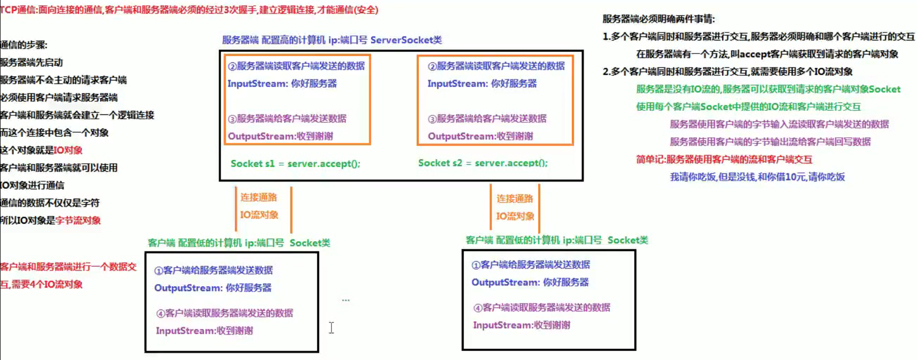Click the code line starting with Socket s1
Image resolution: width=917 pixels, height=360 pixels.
point(295,164)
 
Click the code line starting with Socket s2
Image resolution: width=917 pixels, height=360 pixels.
point(483,163)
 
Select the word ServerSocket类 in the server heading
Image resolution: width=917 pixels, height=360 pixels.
point(406,40)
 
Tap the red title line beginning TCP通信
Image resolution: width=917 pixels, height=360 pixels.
point(189,10)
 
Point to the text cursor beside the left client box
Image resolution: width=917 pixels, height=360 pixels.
point(331,328)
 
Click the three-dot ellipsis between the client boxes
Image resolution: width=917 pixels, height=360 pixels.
point(345,300)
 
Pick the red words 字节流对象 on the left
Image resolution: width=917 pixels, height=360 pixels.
point(78,221)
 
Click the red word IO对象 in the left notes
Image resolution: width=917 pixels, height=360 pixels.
point(68,150)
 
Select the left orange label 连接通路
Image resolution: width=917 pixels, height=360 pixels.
point(259,197)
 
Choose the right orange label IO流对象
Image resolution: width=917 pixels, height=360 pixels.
point(515,216)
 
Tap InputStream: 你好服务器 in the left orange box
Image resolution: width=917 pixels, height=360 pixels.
point(282,84)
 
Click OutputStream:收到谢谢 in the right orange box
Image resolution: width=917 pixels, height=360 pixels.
point(480,136)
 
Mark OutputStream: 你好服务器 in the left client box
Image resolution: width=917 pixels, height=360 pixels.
point(213,288)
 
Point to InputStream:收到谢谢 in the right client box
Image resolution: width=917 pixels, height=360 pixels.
point(522,325)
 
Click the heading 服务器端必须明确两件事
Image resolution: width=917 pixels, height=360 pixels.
point(658,19)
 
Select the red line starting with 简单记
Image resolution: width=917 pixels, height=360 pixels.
point(724,160)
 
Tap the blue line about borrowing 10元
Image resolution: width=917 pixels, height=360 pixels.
point(757,177)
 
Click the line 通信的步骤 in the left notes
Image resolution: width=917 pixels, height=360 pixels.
point(24,45)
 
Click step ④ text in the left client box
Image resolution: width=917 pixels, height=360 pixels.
point(225,313)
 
